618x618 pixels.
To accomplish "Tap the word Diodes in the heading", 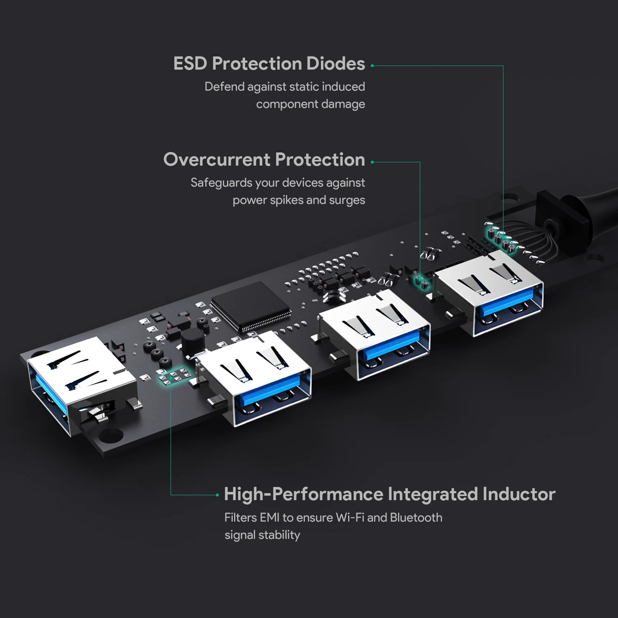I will [x=335, y=64].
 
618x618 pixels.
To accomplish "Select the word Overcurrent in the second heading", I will [x=216, y=160].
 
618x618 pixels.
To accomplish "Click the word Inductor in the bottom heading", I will [x=519, y=494].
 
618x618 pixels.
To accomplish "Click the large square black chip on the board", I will [x=250, y=307].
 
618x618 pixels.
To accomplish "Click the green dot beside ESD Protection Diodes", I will [x=372, y=66].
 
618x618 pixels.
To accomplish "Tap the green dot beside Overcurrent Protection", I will [x=372, y=162].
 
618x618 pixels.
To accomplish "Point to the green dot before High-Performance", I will [x=217, y=495].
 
